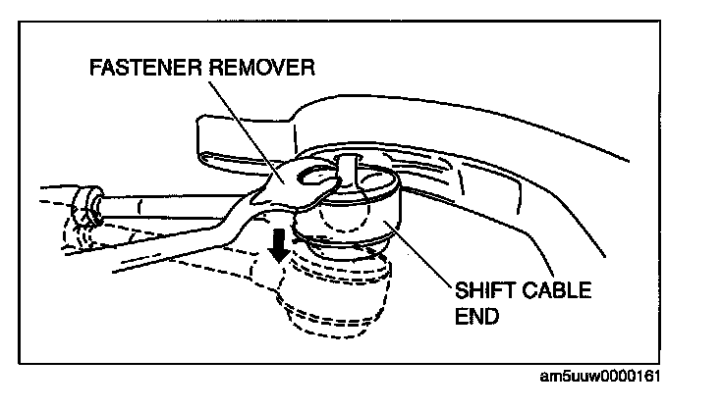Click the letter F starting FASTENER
94,70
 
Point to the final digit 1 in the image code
656,376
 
